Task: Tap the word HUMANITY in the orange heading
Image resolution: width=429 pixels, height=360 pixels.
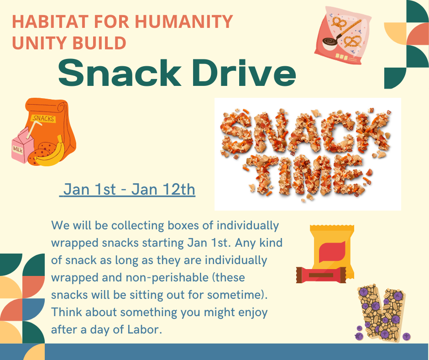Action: pos(183,21)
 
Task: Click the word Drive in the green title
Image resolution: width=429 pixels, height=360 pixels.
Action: pos(244,73)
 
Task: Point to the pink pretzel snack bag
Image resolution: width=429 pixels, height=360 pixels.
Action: pos(343,35)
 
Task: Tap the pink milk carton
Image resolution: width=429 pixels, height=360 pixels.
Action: pos(22,145)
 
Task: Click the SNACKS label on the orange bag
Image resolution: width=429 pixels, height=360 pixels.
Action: pos(44,118)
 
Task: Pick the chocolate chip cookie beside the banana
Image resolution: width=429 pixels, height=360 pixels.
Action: pos(44,149)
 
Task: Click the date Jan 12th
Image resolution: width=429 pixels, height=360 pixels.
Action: pos(163,190)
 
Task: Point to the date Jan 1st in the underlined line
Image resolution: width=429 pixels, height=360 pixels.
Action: pos(90,190)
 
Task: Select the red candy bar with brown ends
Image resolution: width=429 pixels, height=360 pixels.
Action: pos(321,275)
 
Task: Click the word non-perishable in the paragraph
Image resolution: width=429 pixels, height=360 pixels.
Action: pos(167,277)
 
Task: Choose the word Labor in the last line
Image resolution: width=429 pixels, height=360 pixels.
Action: pos(145,329)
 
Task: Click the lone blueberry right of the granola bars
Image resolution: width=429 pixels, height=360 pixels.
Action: pos(406,336)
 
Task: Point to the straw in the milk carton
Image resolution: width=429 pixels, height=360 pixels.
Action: pos(33,129)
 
